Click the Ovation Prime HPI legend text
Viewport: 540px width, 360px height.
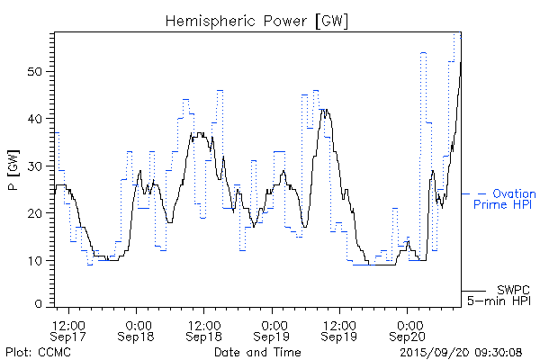point(504,199)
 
